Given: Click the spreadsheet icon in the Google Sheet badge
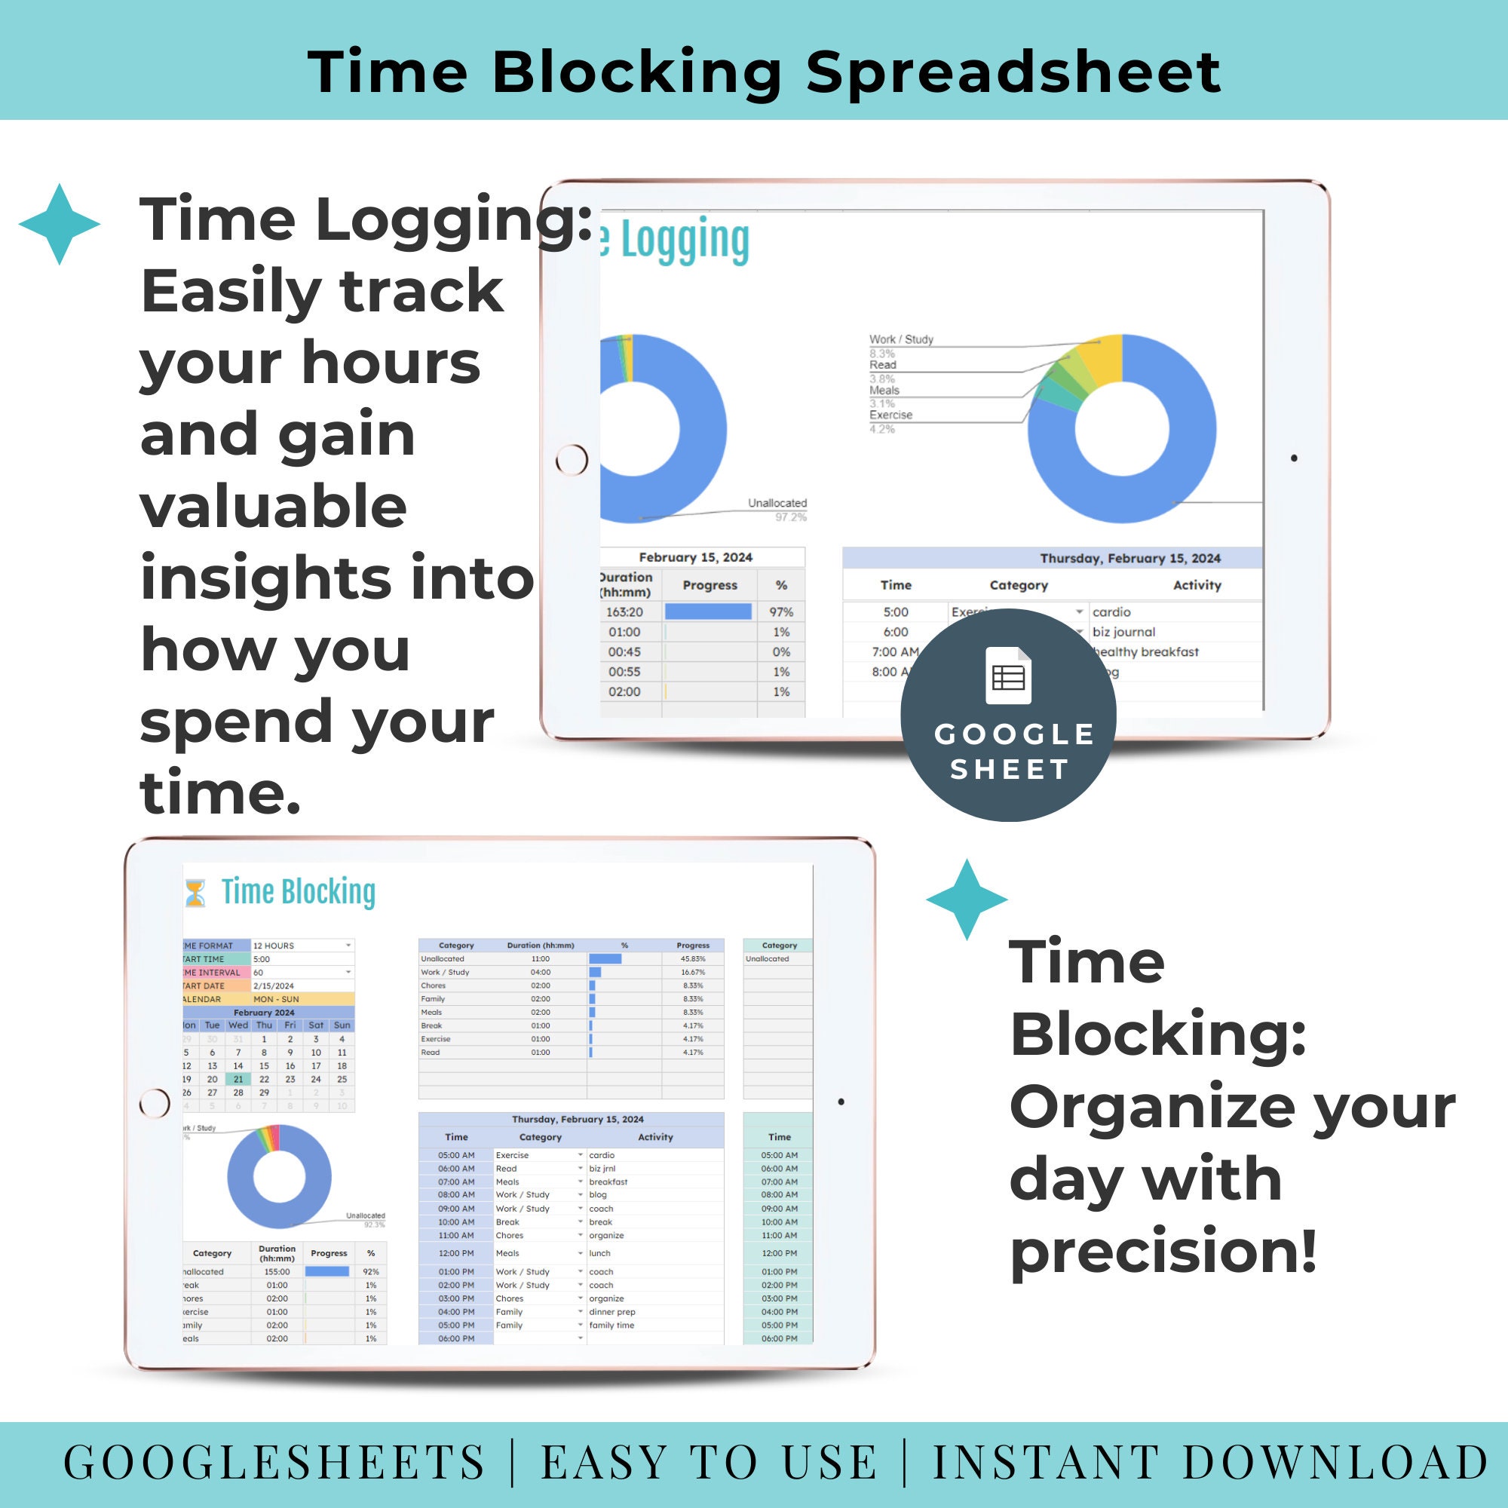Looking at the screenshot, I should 1008,676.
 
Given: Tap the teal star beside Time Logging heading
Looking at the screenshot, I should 60,225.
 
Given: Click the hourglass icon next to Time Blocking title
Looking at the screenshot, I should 195,893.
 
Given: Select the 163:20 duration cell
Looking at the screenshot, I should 624,613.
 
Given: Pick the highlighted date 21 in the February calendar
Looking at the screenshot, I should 238,1080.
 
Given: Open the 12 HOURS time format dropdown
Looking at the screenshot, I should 348,946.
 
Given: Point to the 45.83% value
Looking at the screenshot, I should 692,958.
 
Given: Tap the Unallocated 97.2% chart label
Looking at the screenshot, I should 777,510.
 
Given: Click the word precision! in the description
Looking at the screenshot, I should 1163,1251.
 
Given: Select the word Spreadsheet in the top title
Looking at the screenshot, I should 1013,72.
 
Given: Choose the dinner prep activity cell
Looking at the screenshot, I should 612,1312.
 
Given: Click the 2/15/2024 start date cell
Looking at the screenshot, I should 274,985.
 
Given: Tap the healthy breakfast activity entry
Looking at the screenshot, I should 1146,651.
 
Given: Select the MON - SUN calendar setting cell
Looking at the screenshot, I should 276,999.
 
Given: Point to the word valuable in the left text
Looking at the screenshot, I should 273,507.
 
